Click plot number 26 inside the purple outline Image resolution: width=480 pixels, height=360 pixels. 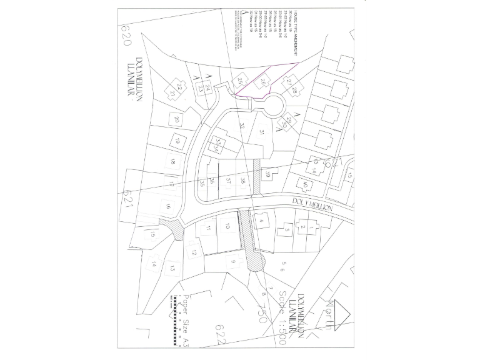(x=264, y=82)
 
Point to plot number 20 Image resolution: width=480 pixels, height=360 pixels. (x=177, y=119)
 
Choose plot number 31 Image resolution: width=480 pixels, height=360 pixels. (x=262, y=132)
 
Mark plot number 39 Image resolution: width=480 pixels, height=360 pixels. (x=268, y=174)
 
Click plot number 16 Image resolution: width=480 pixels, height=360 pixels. (x=167, y=206)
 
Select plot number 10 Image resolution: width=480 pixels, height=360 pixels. (x=228, y=226)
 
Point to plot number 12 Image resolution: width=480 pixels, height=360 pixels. (x=194, y=252)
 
